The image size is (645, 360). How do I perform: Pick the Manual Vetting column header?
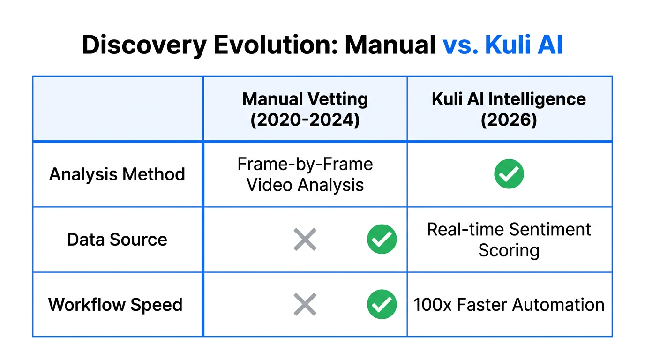pyautogui.click(x=305, y=99)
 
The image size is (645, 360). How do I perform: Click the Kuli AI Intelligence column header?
pyautogui.click(x=509, y=99)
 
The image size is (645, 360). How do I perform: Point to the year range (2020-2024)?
pyautogui.click(x=305, y=120)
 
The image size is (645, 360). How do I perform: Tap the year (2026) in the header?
pyautogui.click(x=509, y=120)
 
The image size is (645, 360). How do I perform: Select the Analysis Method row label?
pyautogui.click(x=117, y=174)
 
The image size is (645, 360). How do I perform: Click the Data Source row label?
pyautogui.click(x=117, y=240)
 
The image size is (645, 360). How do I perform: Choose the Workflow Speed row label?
pyautogui.click(x=115, y=305)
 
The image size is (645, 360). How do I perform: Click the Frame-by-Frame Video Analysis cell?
pyautogui.click(x=305, y=174)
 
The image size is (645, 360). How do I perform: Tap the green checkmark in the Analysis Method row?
pyautogui.click(x=509, y=174)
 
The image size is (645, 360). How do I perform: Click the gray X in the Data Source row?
pyautogui.click(x=305, y=240)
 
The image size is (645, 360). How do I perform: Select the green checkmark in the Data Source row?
pyautogui.click(x=382, y=240)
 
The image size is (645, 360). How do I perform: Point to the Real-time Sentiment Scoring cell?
pyautogui.click(x=509, y=240)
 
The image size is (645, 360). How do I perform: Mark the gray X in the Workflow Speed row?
pyautogui.click(x=305, y=305)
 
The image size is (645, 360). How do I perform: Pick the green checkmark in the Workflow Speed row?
pyautogui.click(x=382, y=305)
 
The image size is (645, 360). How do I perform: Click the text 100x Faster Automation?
pyautogui.click(x=509, y=305)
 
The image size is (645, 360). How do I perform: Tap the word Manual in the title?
pyautogui.click(x=390, y=45)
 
